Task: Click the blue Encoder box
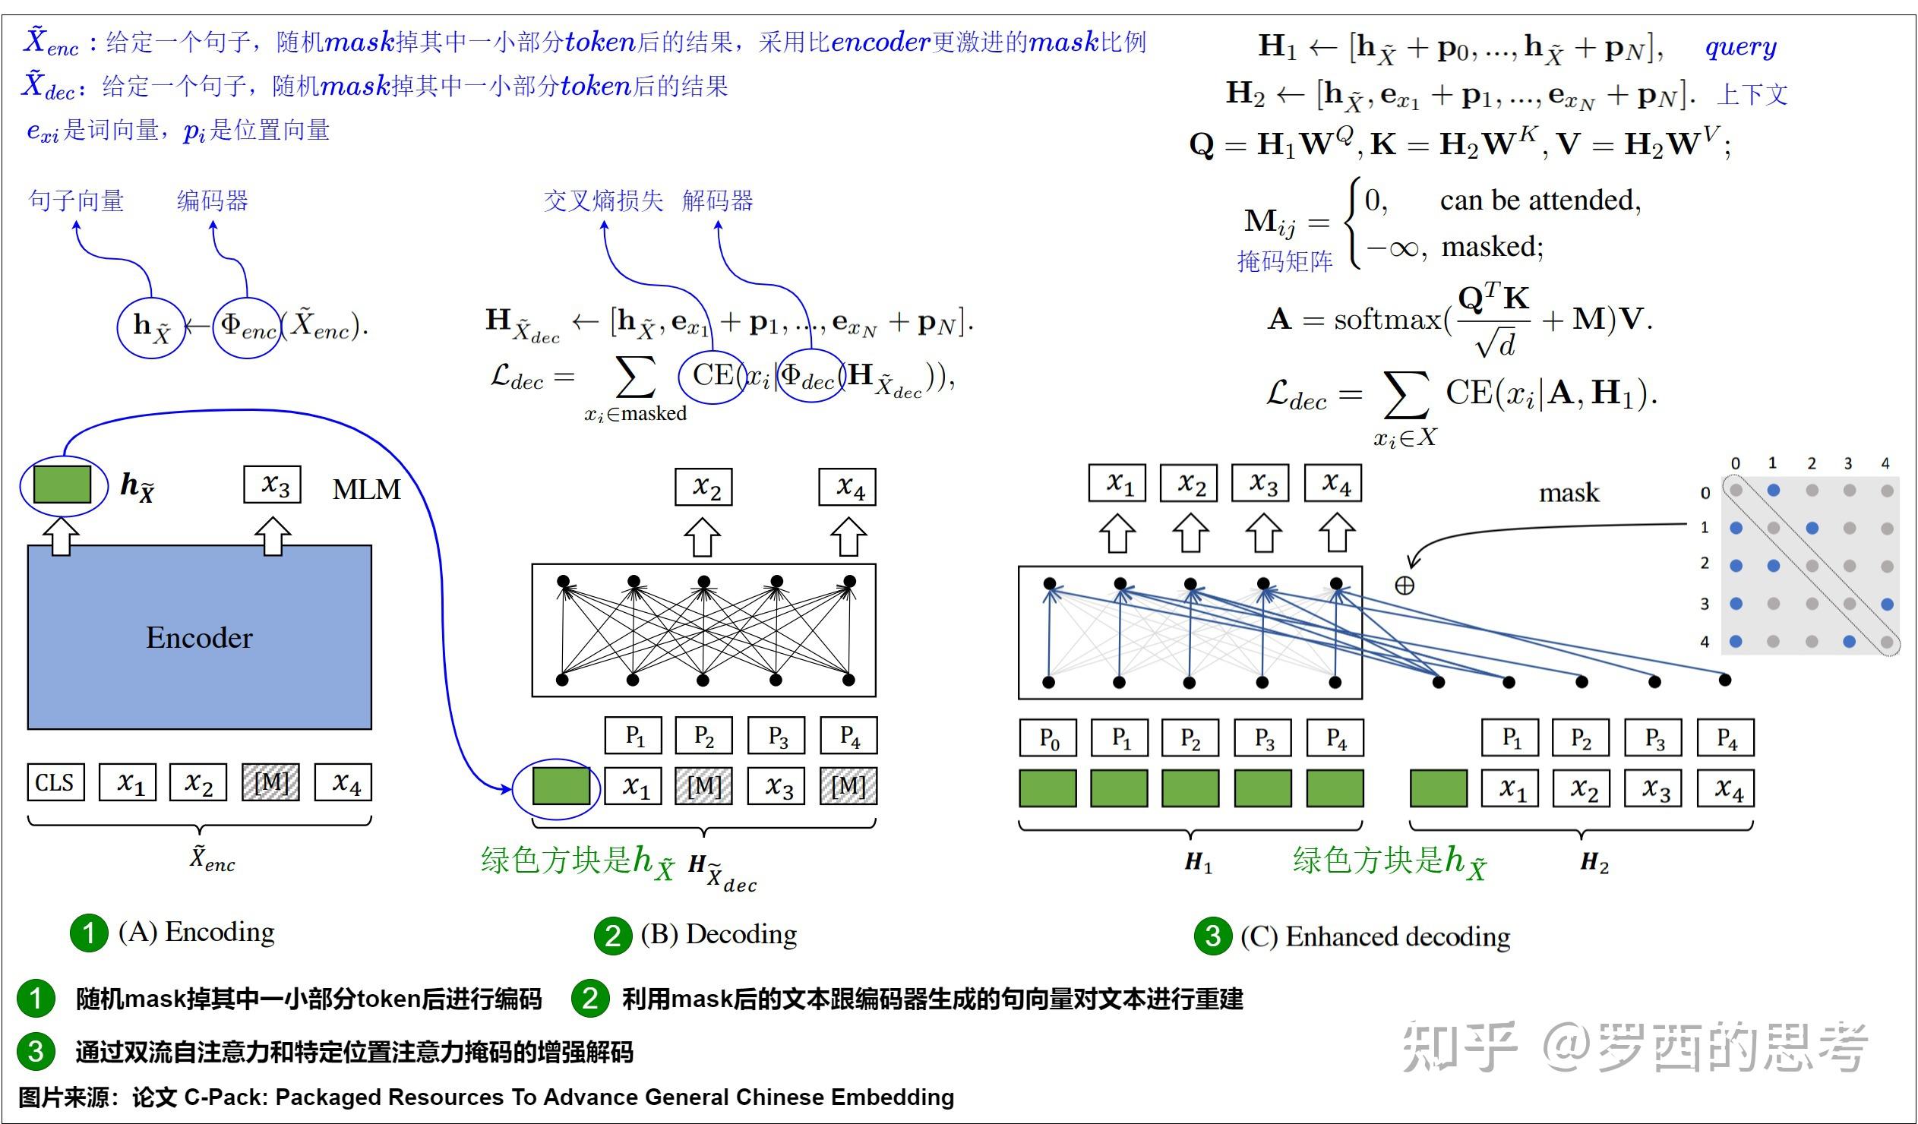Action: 200,637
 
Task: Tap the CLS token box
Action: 55,782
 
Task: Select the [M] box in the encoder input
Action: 271,782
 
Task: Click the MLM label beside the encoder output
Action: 366,489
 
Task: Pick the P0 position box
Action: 1048,737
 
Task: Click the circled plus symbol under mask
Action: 1405,586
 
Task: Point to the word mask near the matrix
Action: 1569,493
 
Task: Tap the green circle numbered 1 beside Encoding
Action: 89,933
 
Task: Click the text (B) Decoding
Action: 719,933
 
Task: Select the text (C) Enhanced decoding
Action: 1375,936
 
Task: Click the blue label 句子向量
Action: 76,201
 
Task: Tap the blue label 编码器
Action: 213,201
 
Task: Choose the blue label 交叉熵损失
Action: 603,201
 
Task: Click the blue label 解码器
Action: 717,201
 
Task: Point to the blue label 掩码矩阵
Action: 1284,262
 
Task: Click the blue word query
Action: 1741,47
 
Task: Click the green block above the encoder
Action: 62,484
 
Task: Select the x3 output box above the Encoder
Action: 273,485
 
